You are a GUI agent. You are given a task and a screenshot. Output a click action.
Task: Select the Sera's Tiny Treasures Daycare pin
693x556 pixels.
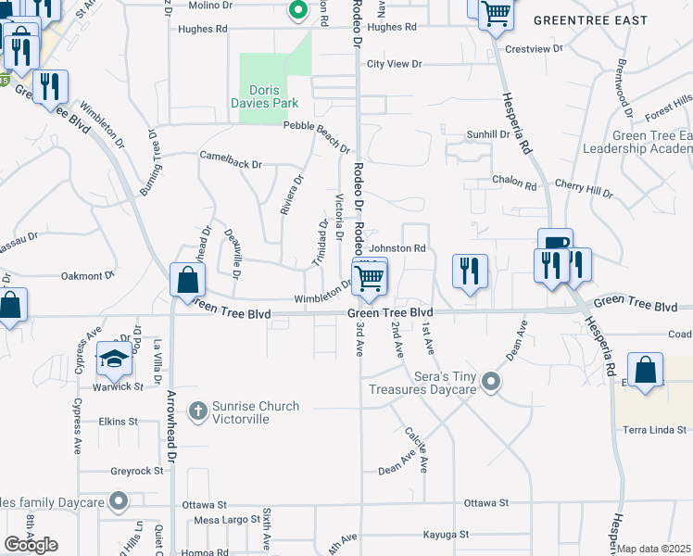click(x=492, y=381)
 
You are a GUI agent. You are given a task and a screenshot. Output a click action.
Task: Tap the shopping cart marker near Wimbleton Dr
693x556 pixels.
click(x=370, y=277)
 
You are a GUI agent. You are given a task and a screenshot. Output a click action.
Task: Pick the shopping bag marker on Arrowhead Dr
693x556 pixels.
click(x=187, y=280)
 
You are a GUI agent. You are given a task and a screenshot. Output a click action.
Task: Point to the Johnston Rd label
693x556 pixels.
click(x=397, y=248)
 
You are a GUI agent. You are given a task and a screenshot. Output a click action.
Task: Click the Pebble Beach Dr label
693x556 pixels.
click(x=316, y=135)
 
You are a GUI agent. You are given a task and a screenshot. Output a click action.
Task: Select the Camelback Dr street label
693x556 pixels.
click(x=231, y=159)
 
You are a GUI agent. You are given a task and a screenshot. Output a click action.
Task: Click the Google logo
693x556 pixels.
click(x=31, y=545)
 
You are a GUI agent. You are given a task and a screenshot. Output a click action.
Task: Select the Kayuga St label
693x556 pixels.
click(x=447, y=535)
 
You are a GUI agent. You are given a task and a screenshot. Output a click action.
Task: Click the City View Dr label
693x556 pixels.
click(x=394, y=64)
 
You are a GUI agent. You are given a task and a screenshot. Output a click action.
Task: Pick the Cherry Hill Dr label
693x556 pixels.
click(x=583, y=191)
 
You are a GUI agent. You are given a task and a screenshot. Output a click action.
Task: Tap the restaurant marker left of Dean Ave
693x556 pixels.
click(x=470, y=272)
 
